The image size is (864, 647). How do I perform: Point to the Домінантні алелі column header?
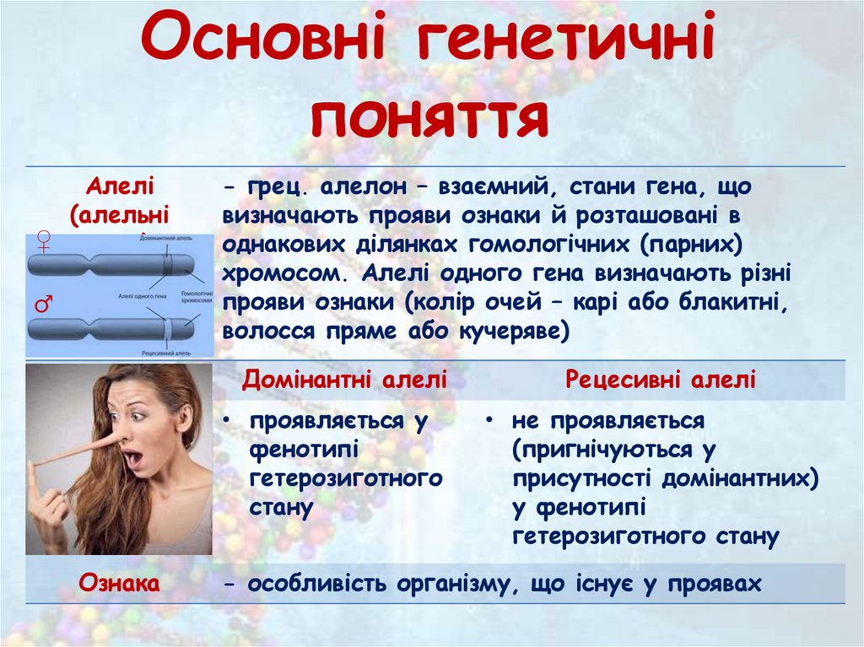(x=344, y=380)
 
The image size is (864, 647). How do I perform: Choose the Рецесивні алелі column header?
(x=661, y=380)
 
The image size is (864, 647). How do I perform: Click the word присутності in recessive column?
(x=580, y=478)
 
